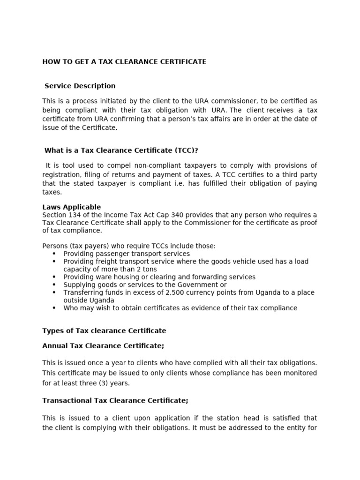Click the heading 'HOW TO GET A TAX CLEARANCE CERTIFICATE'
(124, 62)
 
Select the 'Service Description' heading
(80, 86)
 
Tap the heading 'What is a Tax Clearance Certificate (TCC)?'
(121, 150)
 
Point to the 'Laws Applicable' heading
(71, 207)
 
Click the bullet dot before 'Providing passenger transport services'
(54, 254)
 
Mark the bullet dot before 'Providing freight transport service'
(54, 262)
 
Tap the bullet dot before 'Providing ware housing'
(54, 277)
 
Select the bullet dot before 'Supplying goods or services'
(54, 285)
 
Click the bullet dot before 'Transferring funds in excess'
(54, 292)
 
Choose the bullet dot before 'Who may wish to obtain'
(54, 308)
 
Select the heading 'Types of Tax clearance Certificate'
(104, 330)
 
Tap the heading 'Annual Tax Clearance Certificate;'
(103, 345)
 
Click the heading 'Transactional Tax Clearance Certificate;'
(115, 400)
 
